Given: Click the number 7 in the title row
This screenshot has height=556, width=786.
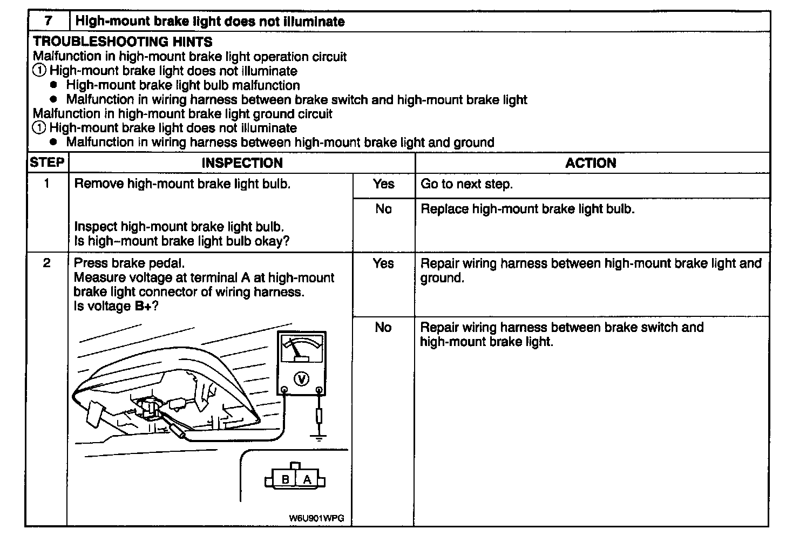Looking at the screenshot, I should (49, 22).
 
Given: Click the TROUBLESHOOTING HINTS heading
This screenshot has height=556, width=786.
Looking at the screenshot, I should (123, 42).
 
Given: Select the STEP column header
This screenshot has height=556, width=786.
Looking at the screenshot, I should (47, 162).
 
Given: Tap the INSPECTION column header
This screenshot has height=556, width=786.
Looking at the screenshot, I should (242, 163).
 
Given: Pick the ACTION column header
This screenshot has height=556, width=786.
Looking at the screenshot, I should (591, 163).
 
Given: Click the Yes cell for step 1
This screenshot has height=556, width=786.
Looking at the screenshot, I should (383, 184).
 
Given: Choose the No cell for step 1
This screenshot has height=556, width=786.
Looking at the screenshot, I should (383, 209).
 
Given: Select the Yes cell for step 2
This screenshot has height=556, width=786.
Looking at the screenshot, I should (383, 263).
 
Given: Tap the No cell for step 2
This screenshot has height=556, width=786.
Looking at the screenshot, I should (383, 327).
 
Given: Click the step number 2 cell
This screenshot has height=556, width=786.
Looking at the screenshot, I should (47, 263).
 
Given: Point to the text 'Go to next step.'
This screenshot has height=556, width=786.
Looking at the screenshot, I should (466, 184).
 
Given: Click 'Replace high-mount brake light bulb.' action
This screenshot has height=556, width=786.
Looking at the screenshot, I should (527, 209).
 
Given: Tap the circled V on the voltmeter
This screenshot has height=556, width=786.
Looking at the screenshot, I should (301, 379).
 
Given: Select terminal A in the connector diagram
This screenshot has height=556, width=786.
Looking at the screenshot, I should (307, 479).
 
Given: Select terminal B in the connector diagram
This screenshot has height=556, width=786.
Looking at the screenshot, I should (286, 479).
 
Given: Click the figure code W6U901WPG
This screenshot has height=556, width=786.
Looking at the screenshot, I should (316, 518).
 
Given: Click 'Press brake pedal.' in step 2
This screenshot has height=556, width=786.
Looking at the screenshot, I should (129, 263).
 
